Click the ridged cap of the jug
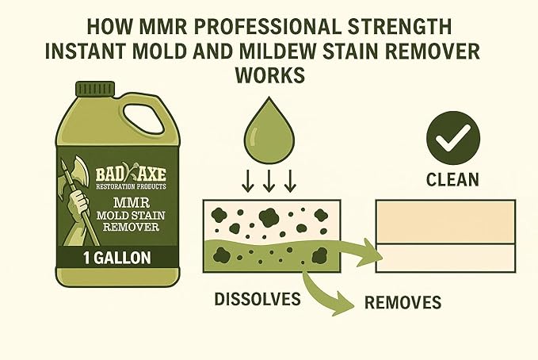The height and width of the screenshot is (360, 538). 95,89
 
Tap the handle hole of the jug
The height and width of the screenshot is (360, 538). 143,120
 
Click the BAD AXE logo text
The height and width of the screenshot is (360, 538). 131,174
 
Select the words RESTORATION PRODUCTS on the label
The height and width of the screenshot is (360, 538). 131,186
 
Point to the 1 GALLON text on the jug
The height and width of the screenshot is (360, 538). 117,259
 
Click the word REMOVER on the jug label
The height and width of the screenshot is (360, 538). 131,227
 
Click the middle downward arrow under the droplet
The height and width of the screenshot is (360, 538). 269,181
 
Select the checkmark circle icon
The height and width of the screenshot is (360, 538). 453,138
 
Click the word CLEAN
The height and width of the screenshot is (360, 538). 452,180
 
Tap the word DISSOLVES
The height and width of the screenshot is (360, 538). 258,299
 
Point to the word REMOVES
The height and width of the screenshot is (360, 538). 403,302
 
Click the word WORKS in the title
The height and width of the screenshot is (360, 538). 269,75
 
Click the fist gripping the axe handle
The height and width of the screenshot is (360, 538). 78,202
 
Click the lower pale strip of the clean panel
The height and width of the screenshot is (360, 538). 446,259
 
